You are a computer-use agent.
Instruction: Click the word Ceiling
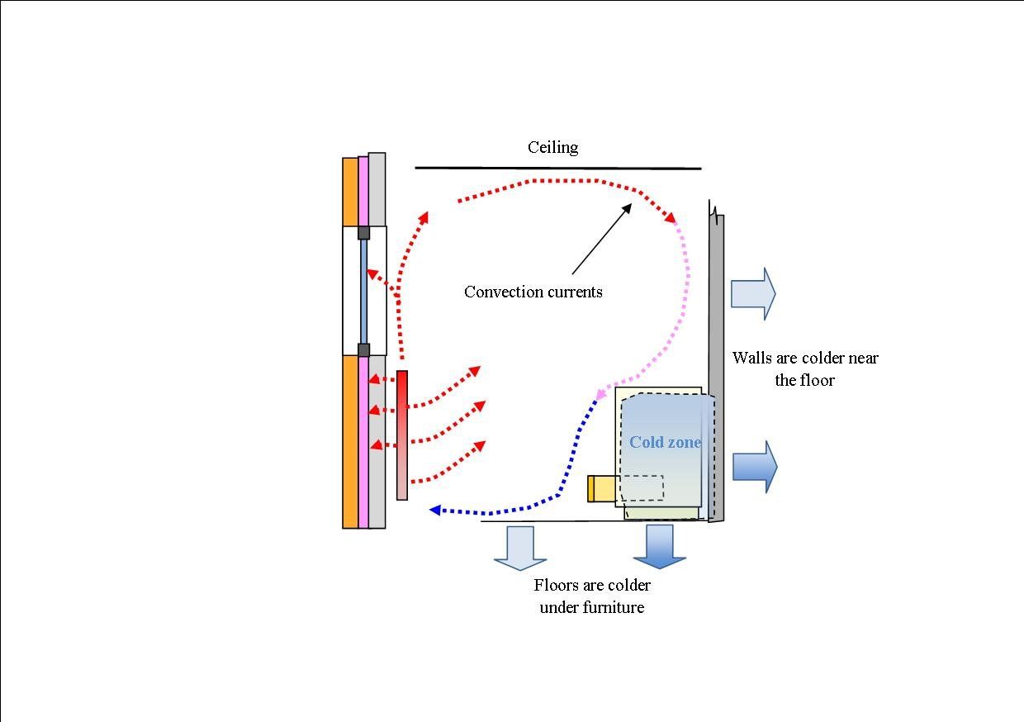click(x=552, y=148)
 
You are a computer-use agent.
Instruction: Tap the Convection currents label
click(x=533, y=292)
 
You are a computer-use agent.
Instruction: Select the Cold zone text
click(x=665, y=443)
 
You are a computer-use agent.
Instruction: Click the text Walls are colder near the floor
click(x=804, y=368)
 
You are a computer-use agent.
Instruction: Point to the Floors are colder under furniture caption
click(x=591, y=596)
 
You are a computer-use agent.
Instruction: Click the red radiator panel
click(x=402, y=435)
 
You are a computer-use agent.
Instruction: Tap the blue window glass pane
click(x=363, y=291)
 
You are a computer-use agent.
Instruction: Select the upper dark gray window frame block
click(x=363, y=233)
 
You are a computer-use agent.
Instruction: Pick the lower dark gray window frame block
click(x=363, y=349)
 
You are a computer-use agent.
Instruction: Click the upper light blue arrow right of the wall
click(x=752, y=293)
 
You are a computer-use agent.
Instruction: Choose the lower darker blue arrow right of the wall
click(x=754, y=467)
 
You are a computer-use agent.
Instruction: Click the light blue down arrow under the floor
click(x=520, y=547)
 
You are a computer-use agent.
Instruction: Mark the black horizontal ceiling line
click(x=557, y=169)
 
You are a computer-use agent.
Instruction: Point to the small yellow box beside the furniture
click(x=601, y=489)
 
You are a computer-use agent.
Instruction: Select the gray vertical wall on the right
click(x=716, y=368)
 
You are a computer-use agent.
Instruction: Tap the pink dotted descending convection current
click(x=684, y=297)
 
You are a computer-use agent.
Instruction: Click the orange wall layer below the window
click(x=350, y=441)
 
